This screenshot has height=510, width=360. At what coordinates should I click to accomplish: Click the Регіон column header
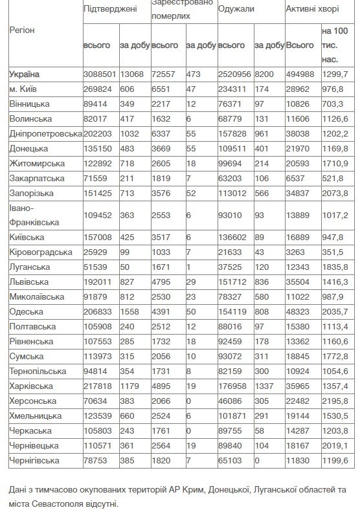23,30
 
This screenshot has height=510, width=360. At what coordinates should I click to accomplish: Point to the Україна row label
25,74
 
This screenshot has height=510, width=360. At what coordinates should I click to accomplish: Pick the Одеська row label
27,311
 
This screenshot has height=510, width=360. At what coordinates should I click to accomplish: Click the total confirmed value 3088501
100,74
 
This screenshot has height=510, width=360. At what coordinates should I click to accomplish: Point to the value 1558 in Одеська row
129,311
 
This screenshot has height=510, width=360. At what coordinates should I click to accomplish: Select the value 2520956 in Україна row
235,74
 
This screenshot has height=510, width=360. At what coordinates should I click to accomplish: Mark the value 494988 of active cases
301,74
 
